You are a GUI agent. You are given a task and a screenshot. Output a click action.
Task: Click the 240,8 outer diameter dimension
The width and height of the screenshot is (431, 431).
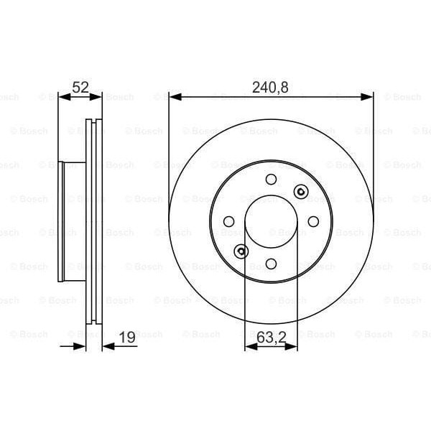pos(271,88)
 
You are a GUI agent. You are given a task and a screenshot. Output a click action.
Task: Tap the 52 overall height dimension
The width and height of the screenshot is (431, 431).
pos(80,88)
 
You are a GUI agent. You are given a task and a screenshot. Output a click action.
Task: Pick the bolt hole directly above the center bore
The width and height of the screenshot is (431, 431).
pos(271,180)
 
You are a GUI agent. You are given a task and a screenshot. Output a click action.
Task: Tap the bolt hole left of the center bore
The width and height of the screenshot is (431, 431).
pos(229,221)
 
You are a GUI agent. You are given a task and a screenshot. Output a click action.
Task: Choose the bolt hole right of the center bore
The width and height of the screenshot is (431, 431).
pos(312,221)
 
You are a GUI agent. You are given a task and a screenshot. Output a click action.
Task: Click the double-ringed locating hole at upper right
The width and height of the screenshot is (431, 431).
pos(300,192)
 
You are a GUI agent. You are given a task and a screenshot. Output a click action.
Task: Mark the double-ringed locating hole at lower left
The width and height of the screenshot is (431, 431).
pos(241,251)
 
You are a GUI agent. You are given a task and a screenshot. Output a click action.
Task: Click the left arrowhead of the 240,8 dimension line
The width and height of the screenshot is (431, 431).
pos(173,97)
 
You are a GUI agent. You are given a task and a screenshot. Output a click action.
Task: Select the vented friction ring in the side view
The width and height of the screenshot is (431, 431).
pos(94,221)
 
